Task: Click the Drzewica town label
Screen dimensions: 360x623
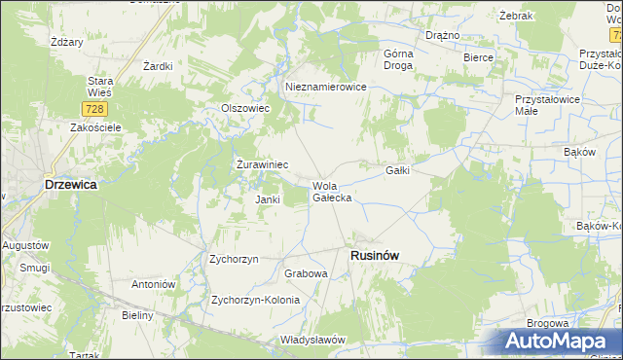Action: (x=70, y=184)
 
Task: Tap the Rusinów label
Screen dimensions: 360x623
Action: (x=375, y=255)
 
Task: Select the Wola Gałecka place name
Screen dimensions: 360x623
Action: (x=331, y=191)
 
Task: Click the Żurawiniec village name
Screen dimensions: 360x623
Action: (x=262, y=165)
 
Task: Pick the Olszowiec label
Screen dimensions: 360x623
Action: (x=245, y=108)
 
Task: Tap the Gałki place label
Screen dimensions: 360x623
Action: (x=397, y=170)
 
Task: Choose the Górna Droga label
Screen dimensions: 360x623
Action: (x=398, y=59)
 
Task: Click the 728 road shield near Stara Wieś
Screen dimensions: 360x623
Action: (x=93, y=110)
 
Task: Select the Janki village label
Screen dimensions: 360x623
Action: (x=268, y=199)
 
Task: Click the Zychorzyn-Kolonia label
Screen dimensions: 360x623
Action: (x=255, y=300)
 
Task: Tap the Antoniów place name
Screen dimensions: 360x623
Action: (x=153, y=284)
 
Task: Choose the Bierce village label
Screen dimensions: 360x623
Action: (x=478, y=58)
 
